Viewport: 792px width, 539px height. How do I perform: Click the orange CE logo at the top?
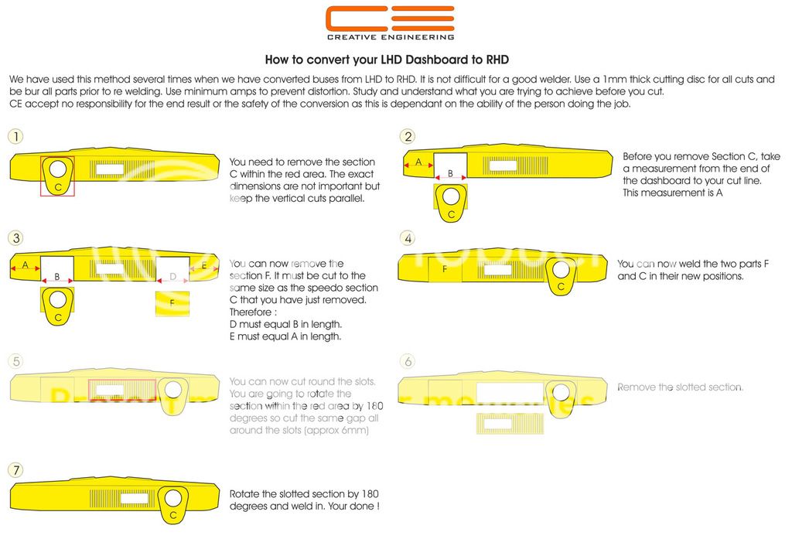click(389, 19)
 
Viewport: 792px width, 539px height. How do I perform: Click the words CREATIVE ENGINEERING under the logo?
click(389, 36)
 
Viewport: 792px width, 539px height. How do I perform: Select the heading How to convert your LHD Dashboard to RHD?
click(387, 60)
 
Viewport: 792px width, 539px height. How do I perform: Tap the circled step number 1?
click(15, 137)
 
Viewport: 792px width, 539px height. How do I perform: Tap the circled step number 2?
click(408, 137)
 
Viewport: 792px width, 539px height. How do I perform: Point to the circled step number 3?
click(15, 237)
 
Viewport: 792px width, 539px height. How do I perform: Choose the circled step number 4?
click(408, 237)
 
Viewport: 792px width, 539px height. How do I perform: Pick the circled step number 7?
click(15, 469)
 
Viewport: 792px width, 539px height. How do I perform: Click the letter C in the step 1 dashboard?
click(57, 186)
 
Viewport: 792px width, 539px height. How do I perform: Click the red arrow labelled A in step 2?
click(418, 162)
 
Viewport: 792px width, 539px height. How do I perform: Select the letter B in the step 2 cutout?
click(449, 174)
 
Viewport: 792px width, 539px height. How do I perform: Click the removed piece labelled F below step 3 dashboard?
click(172, 305)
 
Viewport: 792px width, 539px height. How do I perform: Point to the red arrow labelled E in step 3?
click(203, 266)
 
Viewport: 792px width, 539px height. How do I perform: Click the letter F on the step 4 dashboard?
click(445, 269)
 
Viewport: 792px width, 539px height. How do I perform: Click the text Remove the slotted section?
click(680, 387)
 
